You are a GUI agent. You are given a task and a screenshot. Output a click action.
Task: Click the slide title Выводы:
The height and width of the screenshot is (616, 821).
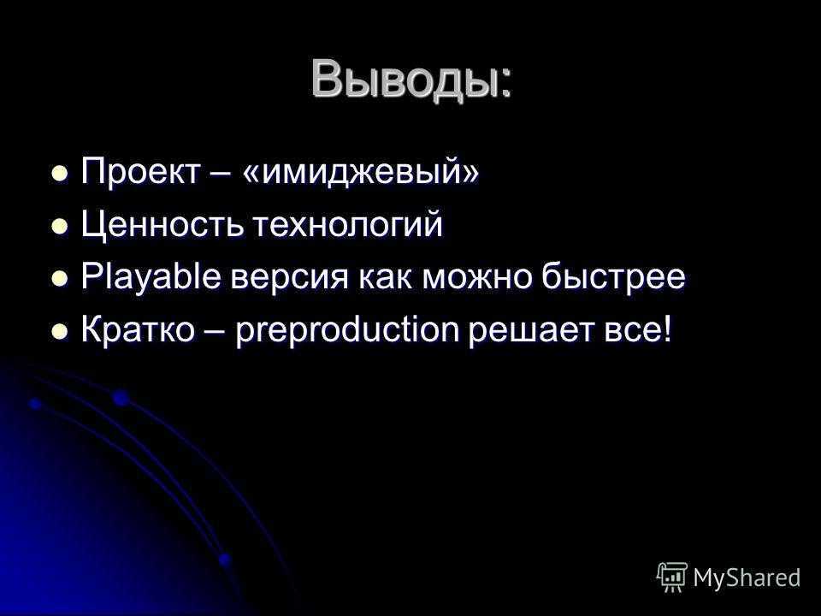click(411, 80)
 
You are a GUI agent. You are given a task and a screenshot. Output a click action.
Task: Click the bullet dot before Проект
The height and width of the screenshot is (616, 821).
click(60, 173)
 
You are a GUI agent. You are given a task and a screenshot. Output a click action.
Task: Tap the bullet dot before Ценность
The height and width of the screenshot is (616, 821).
click(60, 226)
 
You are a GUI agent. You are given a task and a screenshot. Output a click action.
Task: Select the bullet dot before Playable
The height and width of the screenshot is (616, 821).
click(60, 279)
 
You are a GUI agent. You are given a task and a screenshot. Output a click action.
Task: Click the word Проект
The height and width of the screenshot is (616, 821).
click(140, 171)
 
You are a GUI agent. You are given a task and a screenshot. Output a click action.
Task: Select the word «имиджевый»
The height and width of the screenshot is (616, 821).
click(361, 172)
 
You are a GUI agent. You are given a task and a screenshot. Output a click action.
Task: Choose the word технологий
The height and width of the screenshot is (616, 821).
click(348, 224)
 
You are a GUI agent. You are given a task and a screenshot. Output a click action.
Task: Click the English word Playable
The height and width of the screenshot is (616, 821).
click(151, 277)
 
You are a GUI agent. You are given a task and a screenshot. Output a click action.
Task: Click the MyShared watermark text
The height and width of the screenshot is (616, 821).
click(747, 577)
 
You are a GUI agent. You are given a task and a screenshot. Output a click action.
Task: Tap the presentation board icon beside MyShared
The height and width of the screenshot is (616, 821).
click(672, 577)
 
